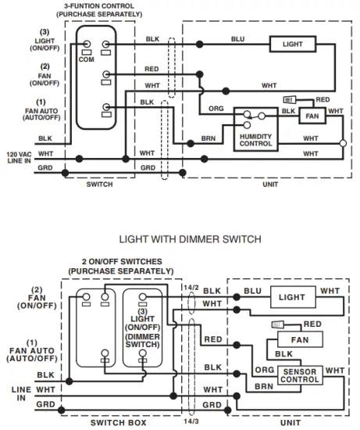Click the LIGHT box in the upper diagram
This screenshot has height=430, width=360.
[293, 45]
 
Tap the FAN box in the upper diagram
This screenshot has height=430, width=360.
[313, 116]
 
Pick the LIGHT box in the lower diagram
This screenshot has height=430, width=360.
[292, 297]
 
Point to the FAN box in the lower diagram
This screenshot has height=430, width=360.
[299, 340]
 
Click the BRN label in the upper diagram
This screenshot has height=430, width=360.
[208, 138]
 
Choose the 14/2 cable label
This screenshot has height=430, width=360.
[190, 288]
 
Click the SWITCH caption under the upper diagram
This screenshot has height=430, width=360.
[100, 185]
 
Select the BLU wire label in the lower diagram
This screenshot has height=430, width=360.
[252, 291]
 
